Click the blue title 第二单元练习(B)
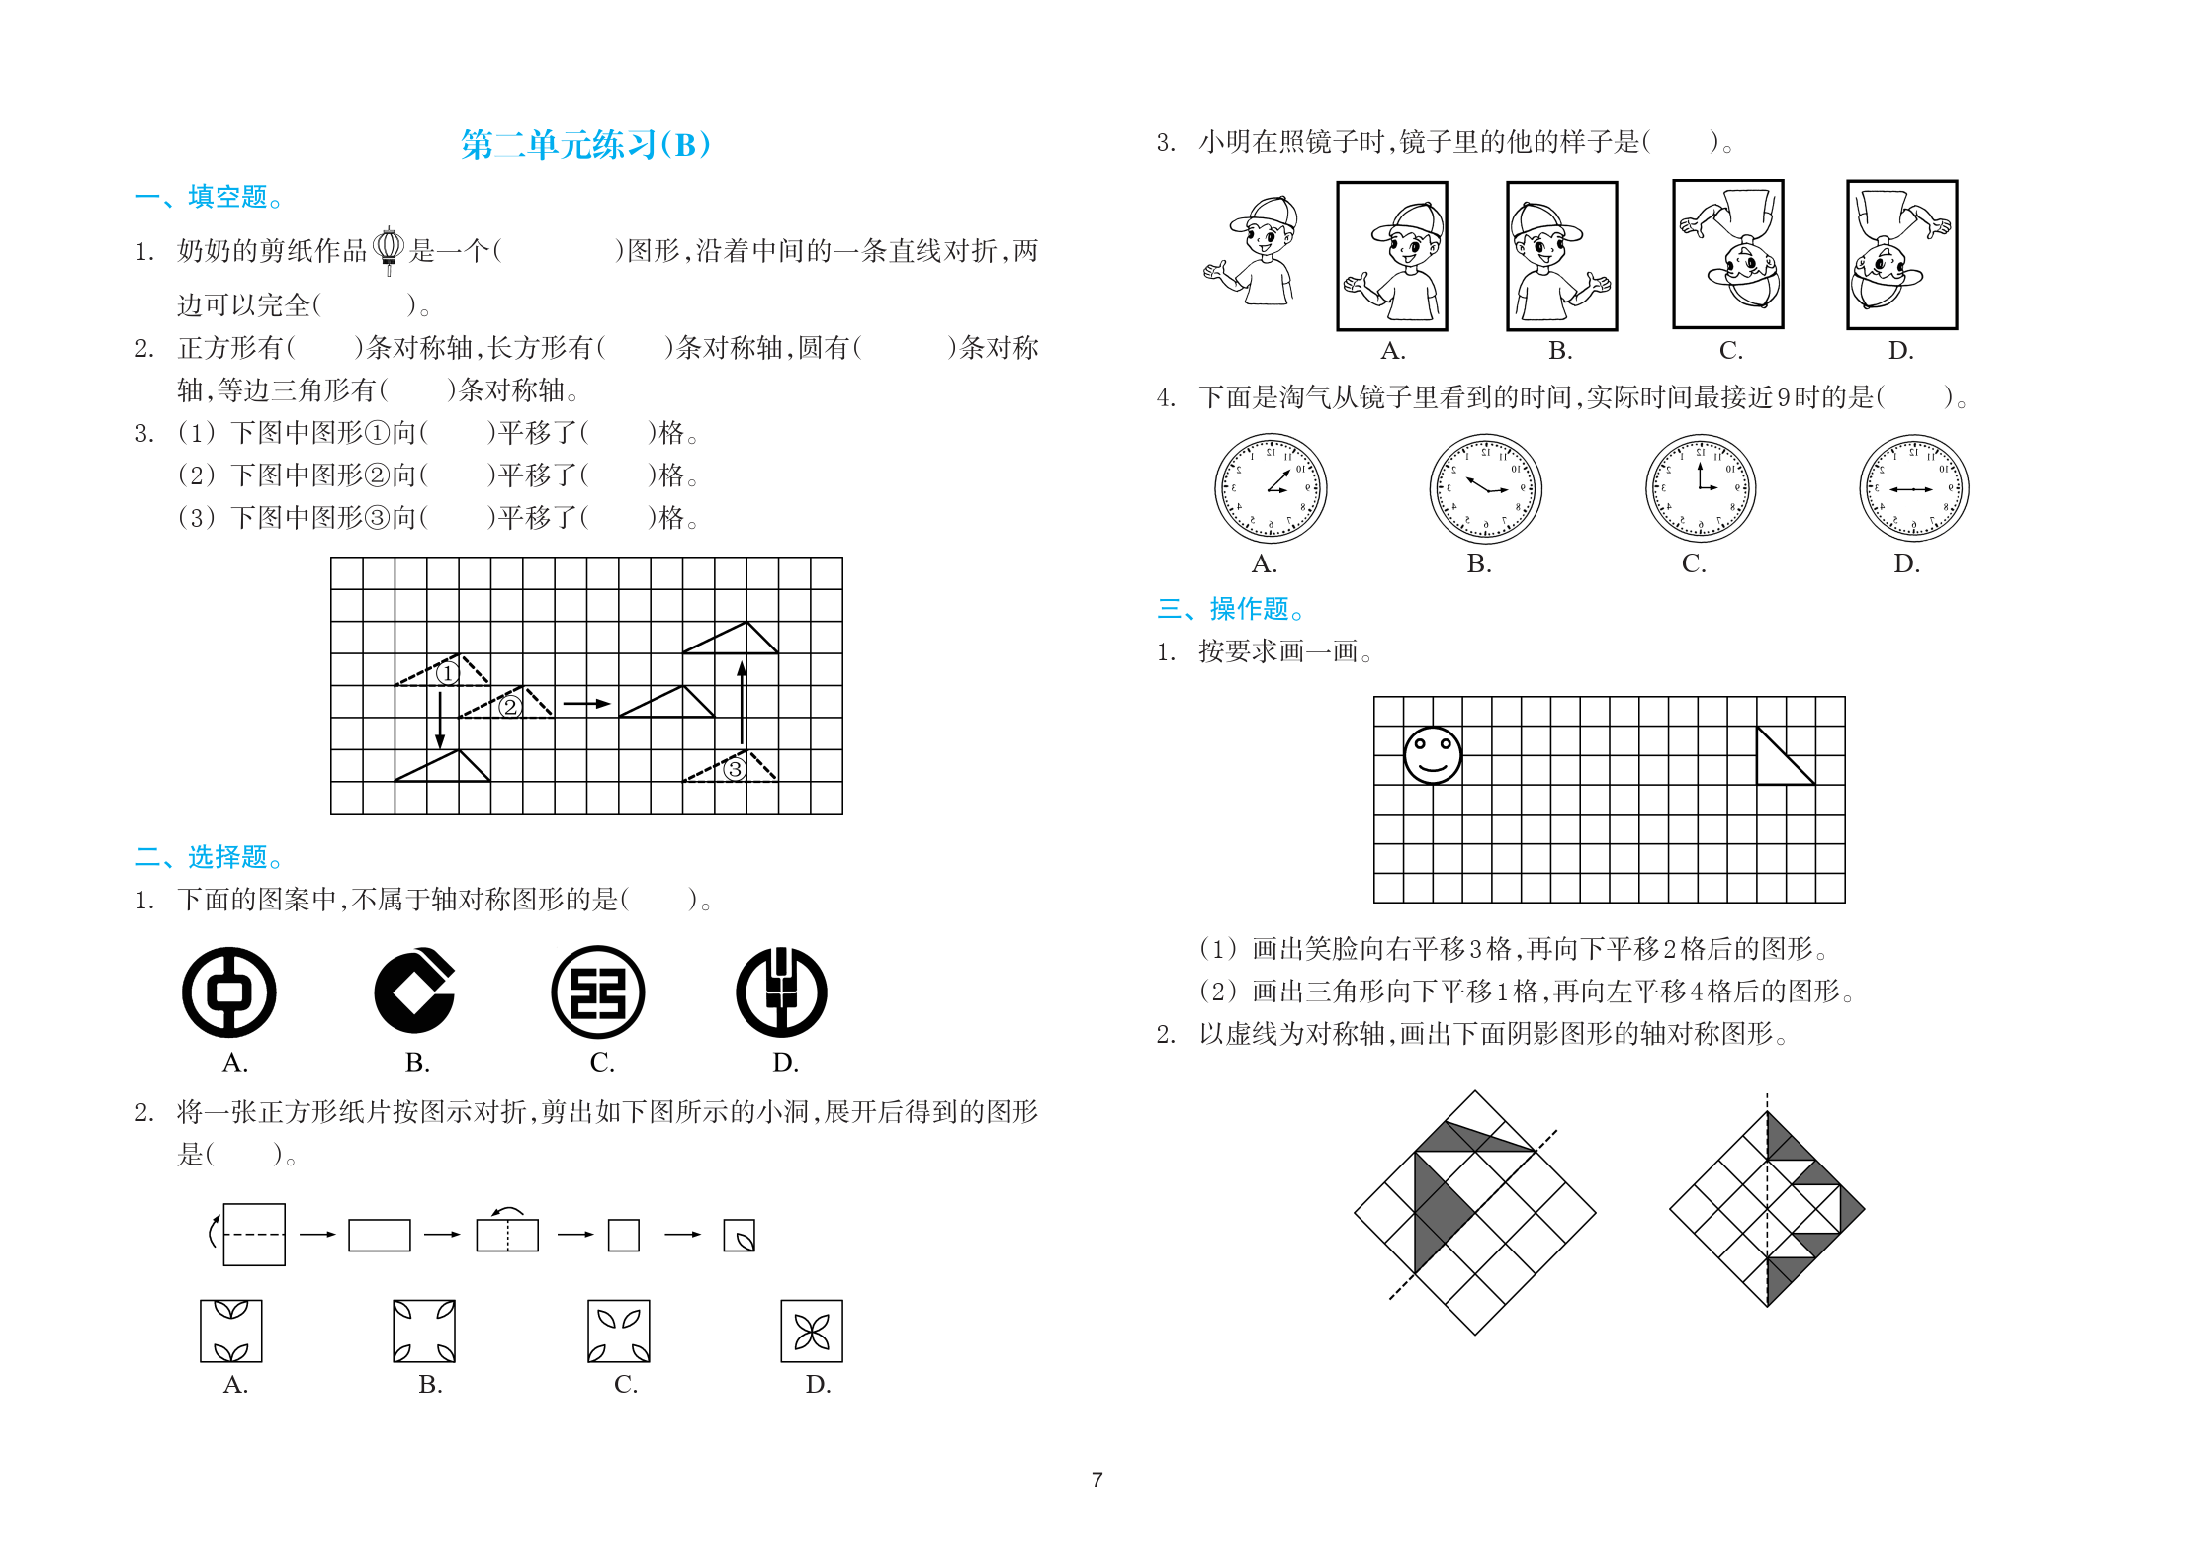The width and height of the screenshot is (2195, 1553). (585, 145)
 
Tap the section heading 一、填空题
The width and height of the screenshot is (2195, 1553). (210, 197)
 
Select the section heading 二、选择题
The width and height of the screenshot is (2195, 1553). (210, 856)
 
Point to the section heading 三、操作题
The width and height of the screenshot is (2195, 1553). (1231, 608)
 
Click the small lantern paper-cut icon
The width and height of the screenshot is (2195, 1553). (389, 249)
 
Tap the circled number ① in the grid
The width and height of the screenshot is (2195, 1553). (448, 674)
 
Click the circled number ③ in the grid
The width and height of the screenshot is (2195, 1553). (734, 769)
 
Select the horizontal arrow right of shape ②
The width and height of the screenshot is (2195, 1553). (587, 704)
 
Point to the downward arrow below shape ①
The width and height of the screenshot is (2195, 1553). (441, 720)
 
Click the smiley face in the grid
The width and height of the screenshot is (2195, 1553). (1433, 755)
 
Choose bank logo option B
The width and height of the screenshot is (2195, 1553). (415, 992)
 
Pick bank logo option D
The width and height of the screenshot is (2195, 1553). (781, 992)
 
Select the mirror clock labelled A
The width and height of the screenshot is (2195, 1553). (1271, 488)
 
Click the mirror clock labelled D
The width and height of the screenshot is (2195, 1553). (1914, 488)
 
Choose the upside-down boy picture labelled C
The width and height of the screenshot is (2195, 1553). (1728, 254)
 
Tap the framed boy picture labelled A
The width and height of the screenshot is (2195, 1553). (1392, 256)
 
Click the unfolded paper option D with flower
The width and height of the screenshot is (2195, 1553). (812, 1332)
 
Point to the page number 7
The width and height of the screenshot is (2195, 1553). (1097, 1480)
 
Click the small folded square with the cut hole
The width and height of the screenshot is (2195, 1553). (740, 1236)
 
